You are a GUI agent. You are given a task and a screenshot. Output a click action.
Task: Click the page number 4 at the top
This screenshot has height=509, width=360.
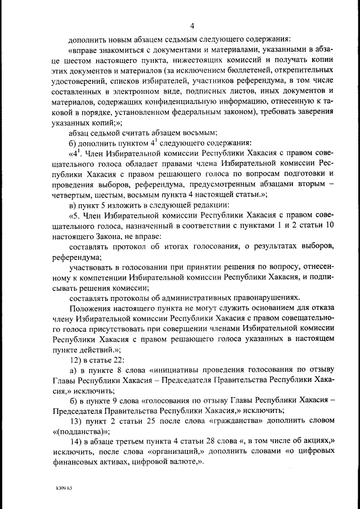(192, 26)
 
